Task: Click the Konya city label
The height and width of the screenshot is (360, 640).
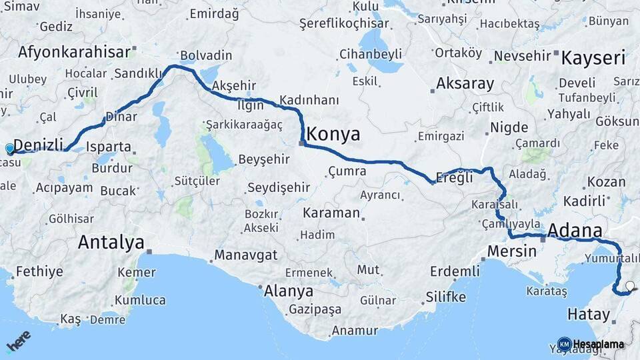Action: click(333, 135)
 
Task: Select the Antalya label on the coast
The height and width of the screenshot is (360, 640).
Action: click(111, 242)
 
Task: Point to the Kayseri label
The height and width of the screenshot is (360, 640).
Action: click(593, 58)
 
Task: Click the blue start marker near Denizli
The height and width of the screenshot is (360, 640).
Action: click(10, 149)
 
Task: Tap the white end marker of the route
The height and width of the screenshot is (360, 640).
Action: click(630, 287)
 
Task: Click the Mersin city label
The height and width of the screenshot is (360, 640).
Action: click(512, 251)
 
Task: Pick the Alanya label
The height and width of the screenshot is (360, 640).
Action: click(289, 291)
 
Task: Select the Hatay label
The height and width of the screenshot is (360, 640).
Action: click(589, 314)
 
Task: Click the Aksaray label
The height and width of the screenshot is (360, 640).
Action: click(465, 84)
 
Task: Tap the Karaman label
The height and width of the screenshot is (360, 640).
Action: click(331, 213)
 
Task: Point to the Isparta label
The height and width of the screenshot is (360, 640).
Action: click(109, 147)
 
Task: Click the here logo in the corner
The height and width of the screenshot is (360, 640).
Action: click(18, 341)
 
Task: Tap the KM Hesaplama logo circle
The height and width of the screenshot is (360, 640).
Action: click(564, 344)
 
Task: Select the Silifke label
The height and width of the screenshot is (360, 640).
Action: click(445, 297)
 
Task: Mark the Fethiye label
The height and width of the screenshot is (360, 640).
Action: click(39, 271)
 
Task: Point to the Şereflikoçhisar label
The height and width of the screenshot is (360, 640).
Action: click(343, 23)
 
